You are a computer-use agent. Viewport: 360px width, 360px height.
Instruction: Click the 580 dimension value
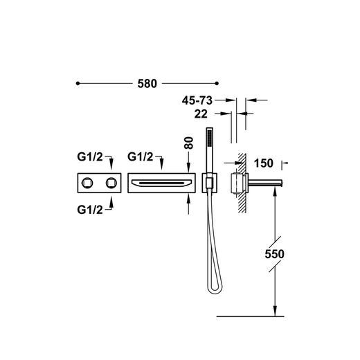147,84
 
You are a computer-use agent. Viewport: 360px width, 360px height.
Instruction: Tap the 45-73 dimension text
197,100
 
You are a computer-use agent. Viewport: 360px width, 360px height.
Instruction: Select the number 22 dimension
201,114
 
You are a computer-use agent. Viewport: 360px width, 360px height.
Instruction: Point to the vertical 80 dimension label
189,143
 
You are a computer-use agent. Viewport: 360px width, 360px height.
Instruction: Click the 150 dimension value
264,163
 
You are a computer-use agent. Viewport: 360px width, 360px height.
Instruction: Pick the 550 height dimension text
274,254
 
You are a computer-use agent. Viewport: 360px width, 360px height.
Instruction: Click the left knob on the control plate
87,183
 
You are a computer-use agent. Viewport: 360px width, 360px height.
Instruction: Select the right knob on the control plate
111,183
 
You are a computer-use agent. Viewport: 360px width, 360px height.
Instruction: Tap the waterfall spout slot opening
161,183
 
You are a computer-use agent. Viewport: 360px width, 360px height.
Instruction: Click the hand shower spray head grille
210,138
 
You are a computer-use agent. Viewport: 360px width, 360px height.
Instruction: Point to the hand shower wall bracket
210,183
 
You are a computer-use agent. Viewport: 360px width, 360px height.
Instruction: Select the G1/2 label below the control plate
90,210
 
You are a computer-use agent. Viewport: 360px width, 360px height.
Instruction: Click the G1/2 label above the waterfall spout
140,157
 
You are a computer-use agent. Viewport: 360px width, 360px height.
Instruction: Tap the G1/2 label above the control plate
90,157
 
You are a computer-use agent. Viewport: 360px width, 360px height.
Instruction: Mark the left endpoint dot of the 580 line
78,83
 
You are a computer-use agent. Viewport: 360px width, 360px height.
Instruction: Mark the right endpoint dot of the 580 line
217,83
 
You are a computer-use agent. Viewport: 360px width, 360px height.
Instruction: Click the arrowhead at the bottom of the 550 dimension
275,311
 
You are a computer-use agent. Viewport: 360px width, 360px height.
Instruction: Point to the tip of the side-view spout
282,183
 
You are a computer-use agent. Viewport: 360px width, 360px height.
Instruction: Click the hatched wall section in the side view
242,182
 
